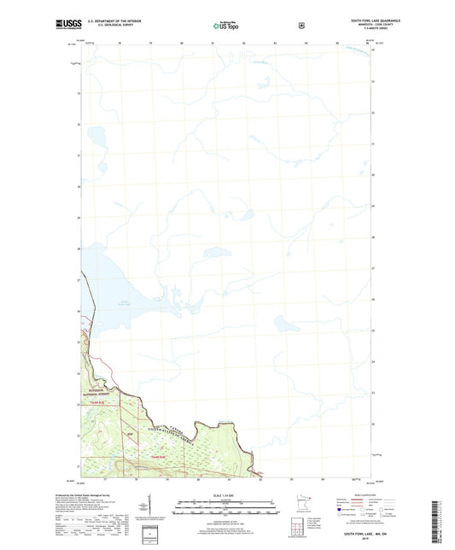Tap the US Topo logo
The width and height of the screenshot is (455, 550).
click(226, 26)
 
